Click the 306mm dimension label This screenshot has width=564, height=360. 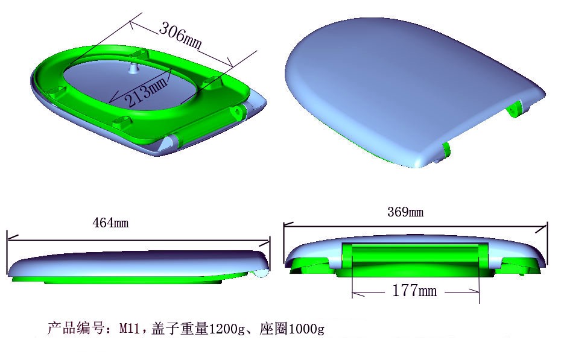click(179, 36)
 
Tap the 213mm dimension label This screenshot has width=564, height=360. click(145, 91)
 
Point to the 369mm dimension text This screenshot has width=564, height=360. click(405, 212)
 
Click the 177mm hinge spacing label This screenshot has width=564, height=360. click(414, 291)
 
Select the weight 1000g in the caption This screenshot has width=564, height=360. click(307, 329)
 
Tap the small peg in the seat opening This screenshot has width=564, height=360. click(131, 66)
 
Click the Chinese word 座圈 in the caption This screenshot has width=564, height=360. click(274, 329)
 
